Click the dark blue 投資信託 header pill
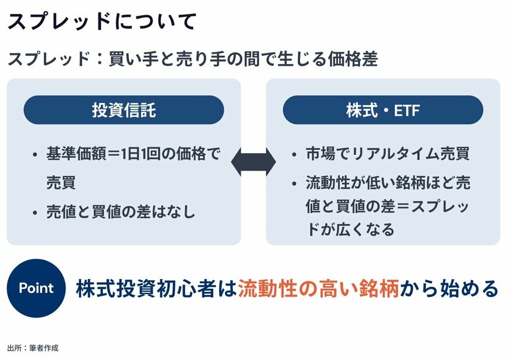[124, 110]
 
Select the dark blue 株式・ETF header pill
[383, 110]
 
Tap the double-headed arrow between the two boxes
[254, 162]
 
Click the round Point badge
[36, 288]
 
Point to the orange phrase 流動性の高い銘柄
[318, 289]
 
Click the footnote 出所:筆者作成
[33, 348]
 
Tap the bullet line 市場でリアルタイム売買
[388, 154]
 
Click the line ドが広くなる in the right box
[350, 229]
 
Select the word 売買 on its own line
[61, 183]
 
